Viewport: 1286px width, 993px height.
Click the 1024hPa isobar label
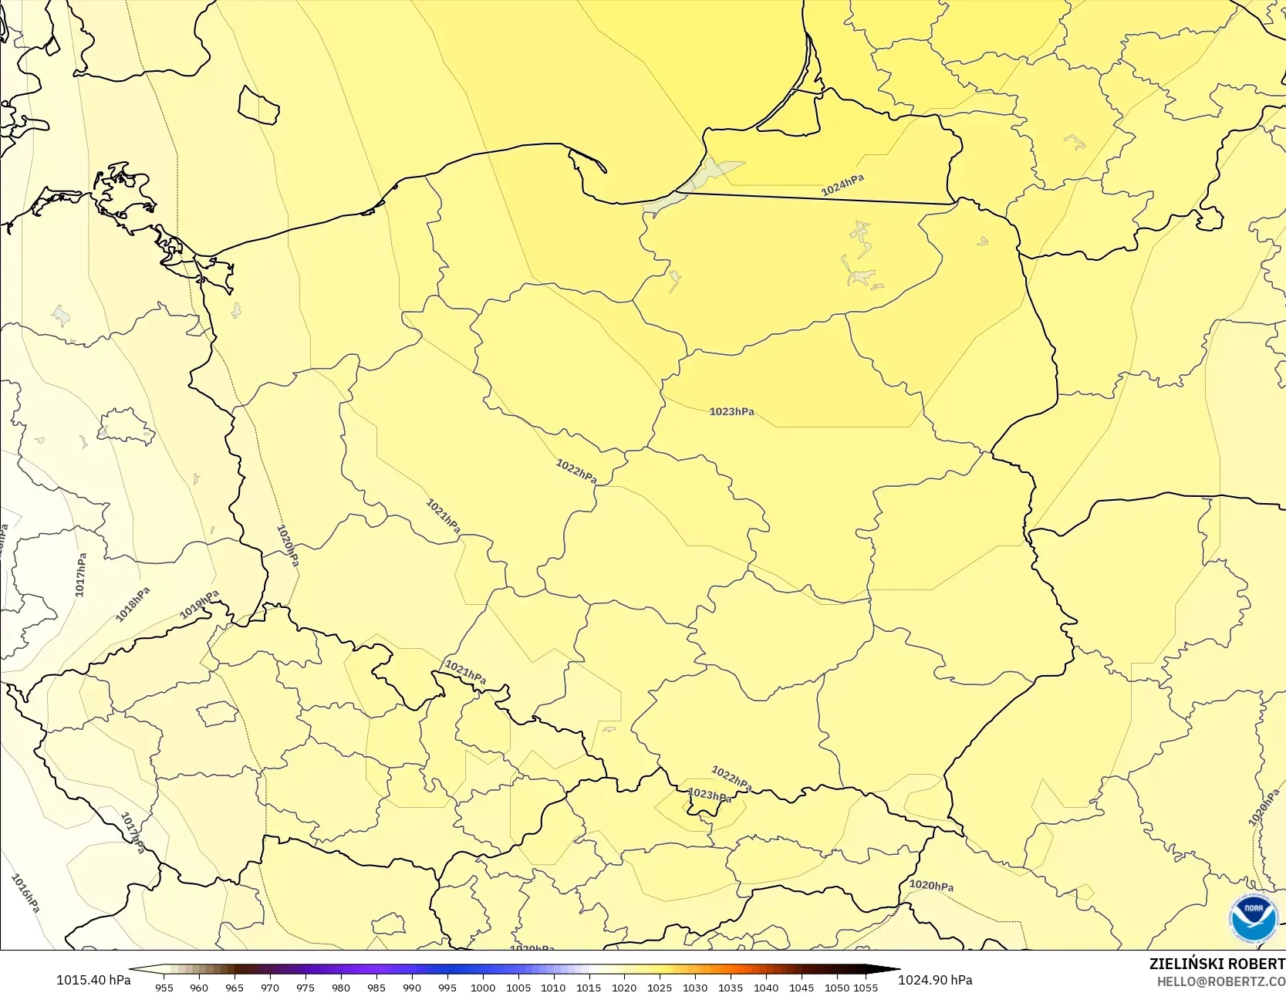coord(842,184)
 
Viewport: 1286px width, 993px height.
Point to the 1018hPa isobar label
coord(133,604)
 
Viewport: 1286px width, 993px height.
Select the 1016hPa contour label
coord(25,893)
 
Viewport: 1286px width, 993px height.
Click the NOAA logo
coord(1253,918)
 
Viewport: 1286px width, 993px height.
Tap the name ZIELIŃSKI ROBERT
coord(1217,964)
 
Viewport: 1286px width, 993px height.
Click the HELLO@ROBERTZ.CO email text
coord(1220,981)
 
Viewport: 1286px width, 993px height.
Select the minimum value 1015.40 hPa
coord(93,980)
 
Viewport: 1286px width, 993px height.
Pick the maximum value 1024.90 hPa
coord(935,980)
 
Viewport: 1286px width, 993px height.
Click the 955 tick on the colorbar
coord(164,987)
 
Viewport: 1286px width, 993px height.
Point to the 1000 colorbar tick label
coord(483,987)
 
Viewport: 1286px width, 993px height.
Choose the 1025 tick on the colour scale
coord(660,987)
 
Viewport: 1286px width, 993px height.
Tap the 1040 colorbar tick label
coord(766,987)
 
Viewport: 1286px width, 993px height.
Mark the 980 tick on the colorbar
coord(341,987)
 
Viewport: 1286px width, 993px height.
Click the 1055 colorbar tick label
coord(866,987)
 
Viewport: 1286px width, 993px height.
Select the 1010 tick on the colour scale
coord(553,987)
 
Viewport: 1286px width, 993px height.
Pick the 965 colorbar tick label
coord(235,987)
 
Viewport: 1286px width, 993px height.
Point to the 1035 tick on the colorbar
coord(731,987)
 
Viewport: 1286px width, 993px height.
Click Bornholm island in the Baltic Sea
coord(258,105)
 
